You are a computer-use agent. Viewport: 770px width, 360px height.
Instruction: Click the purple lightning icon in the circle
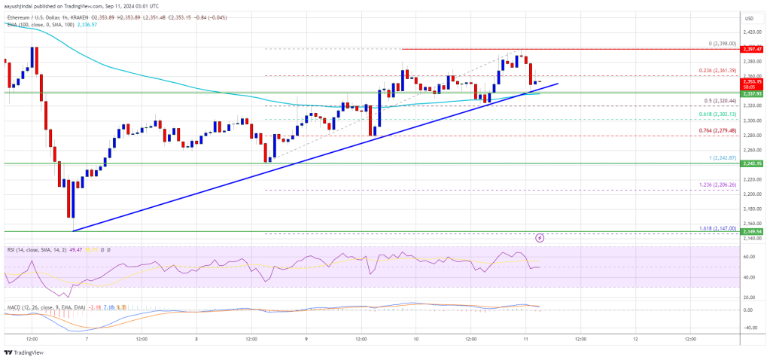click(540, 238)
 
